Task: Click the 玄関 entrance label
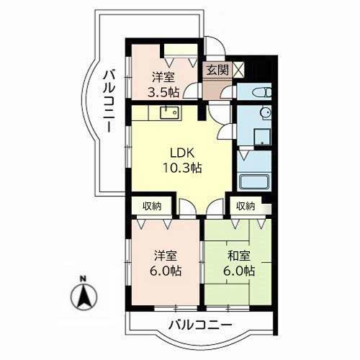(217, 70)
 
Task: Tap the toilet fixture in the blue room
(262, 92)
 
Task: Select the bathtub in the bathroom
(254, 182)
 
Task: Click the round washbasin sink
(266, 112)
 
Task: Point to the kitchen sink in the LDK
(170, 112)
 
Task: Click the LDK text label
(182, 153)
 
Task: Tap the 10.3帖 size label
(182, 168)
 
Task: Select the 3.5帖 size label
(163, 92)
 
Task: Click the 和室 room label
(239, 256)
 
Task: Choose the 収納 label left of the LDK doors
(152, 206)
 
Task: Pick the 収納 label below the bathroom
(246, 206)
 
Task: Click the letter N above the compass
(83, 279)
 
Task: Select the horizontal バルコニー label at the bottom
(200, 325)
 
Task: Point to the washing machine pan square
(262, 137)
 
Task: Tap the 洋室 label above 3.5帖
(163, 78)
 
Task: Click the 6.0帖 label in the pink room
(166, 271)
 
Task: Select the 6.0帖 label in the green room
(239, 271)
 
